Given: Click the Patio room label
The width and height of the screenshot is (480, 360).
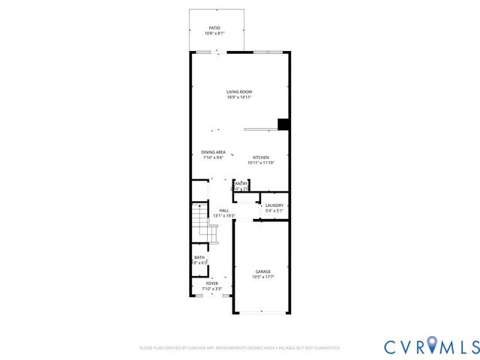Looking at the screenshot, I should [214, 28].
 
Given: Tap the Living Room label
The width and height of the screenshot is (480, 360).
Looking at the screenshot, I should [239, 92].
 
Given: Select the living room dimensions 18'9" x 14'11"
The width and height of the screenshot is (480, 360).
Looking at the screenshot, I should [239, 97].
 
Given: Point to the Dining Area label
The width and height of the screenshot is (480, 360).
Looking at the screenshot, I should [214, 152].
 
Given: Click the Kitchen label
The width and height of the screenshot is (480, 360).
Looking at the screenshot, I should [260, 157].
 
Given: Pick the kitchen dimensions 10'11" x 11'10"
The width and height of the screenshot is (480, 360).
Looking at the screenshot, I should [261, 163].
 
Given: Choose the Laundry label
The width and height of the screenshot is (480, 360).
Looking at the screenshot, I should [274, 205].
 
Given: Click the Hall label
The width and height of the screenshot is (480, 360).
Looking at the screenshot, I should [223, 210].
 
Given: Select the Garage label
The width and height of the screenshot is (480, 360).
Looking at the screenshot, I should [262, 271].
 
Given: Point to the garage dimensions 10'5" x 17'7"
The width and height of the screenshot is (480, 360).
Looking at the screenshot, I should [262, 277].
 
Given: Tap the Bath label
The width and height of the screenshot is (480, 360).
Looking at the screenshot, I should [199, 257].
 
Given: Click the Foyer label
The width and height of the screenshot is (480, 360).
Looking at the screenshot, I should [212, 283].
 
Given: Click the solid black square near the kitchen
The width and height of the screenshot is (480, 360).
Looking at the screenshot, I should [283, 124].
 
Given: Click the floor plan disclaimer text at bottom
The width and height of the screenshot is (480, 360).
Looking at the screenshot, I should [240, 348].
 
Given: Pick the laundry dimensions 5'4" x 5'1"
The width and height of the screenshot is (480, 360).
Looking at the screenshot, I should [274, 211].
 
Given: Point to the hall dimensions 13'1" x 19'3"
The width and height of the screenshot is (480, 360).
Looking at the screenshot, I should [223, 216].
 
